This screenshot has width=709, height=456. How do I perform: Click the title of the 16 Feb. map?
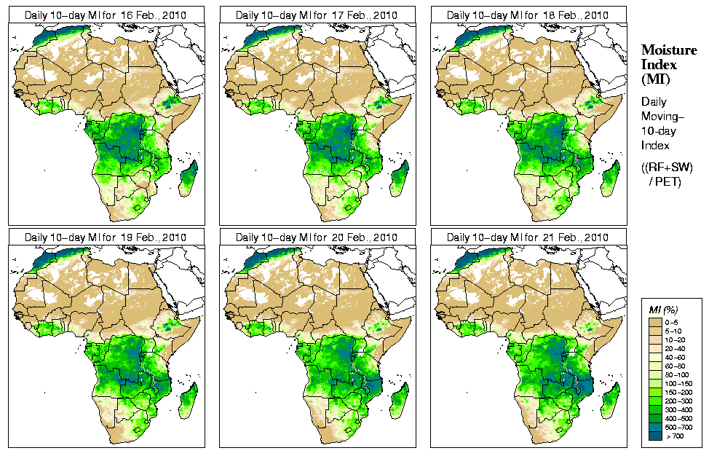(105, 15)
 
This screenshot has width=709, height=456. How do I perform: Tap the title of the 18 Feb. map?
(527, 15)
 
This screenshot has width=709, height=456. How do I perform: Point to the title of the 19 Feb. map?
(105, 237)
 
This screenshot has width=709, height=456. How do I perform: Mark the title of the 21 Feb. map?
(527, 237)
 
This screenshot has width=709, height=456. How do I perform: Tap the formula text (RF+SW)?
(667, 168)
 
